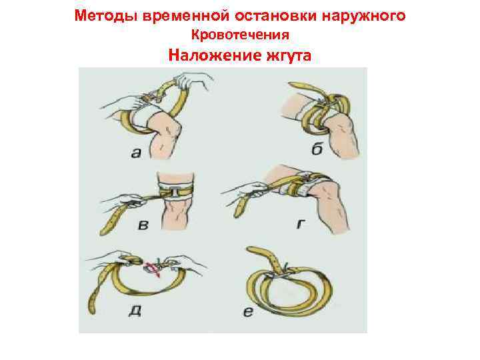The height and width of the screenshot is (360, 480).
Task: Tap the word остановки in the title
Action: [275, 16]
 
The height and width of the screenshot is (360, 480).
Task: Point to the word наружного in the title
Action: [363, 17]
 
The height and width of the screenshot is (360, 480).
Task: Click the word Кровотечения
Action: [240, 35]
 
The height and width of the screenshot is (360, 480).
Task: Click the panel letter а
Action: [137, 153]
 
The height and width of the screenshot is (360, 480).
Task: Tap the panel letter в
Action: [143, 225]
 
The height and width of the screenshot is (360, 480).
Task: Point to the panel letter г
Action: [301, 225]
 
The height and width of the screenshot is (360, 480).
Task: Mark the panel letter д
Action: [135, 310]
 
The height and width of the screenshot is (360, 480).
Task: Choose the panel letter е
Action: [248, 312]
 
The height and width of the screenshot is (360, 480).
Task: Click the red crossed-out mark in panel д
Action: [153, 268]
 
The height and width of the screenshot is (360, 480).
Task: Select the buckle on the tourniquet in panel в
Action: [173, 192]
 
